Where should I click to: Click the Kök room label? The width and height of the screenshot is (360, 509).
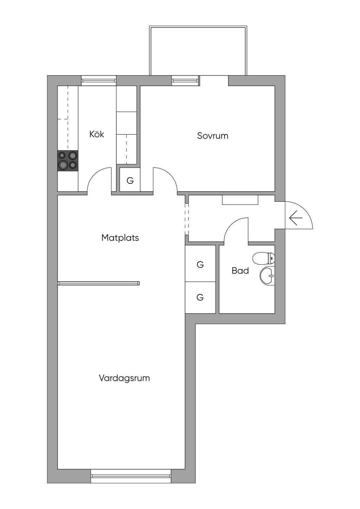pos(97,134)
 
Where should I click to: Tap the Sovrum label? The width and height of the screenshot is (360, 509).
pos(212,136)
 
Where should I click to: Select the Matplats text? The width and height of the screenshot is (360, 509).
pos(120,238)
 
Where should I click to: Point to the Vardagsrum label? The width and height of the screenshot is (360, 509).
pos(124,378)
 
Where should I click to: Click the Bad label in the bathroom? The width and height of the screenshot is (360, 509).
pos(240,271)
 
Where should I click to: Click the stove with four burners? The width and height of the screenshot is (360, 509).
pos(68,161)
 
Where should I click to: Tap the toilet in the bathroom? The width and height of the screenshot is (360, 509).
pos(264,258)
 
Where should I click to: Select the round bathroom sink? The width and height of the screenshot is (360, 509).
pos(267,276)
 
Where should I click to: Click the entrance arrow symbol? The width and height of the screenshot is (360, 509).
pos(296,218)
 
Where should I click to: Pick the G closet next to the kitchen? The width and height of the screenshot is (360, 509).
pos(130,181)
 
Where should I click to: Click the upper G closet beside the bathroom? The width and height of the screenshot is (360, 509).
pos(200,264)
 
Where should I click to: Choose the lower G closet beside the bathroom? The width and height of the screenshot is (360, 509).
pos(200,297)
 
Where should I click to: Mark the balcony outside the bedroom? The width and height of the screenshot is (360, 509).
pos(198,51)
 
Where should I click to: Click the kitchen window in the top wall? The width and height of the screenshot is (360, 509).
pos(99,80)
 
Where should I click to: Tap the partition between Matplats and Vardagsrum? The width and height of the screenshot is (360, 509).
pos(98,283)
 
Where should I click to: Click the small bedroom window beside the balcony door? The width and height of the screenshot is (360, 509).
pos(186,80)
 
